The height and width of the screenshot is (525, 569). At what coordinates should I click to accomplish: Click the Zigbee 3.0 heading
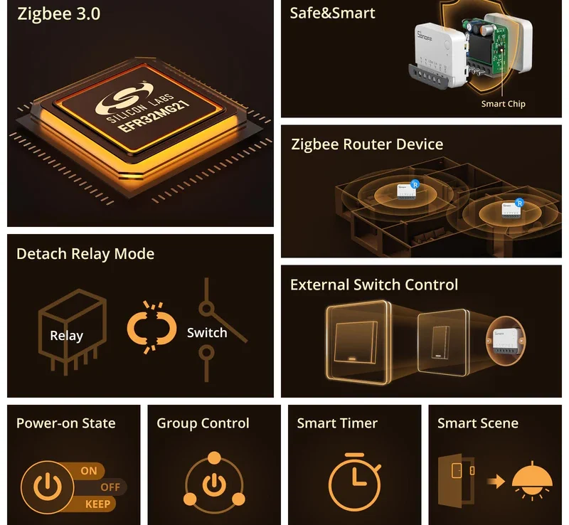[59, 14]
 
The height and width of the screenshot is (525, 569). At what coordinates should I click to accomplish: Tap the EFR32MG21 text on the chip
[154, 116]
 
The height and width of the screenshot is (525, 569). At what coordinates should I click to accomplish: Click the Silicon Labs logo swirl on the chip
[124, 97]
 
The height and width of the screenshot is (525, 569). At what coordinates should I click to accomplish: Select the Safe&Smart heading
[332, 13]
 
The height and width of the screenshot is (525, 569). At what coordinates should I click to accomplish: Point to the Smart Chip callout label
[503, 104]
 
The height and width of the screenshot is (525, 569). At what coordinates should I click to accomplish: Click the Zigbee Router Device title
[367, 144]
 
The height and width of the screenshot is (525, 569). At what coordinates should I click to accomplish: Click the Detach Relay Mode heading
[85, 254]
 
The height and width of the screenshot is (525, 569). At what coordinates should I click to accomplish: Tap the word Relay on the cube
[66, 336]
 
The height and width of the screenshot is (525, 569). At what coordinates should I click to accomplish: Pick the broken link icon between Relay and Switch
[151, 327]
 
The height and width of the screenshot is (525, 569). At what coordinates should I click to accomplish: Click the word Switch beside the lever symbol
[207, 333]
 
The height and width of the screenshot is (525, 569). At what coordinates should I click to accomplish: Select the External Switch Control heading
[374, 285]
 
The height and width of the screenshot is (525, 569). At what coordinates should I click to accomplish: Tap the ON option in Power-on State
[89, 470]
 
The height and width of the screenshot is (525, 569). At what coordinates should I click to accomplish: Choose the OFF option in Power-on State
[110, 487]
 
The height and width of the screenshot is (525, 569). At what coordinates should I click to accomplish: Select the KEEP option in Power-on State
[97, 504]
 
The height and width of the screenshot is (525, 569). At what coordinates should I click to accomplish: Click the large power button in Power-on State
[47, 487]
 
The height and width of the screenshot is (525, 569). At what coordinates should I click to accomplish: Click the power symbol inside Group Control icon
[214, 485]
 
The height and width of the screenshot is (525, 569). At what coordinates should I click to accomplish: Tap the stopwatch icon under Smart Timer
[354, 482]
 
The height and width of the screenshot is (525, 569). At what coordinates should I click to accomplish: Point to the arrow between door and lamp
[496, 482]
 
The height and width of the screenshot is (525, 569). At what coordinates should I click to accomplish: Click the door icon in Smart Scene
[455, 481]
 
